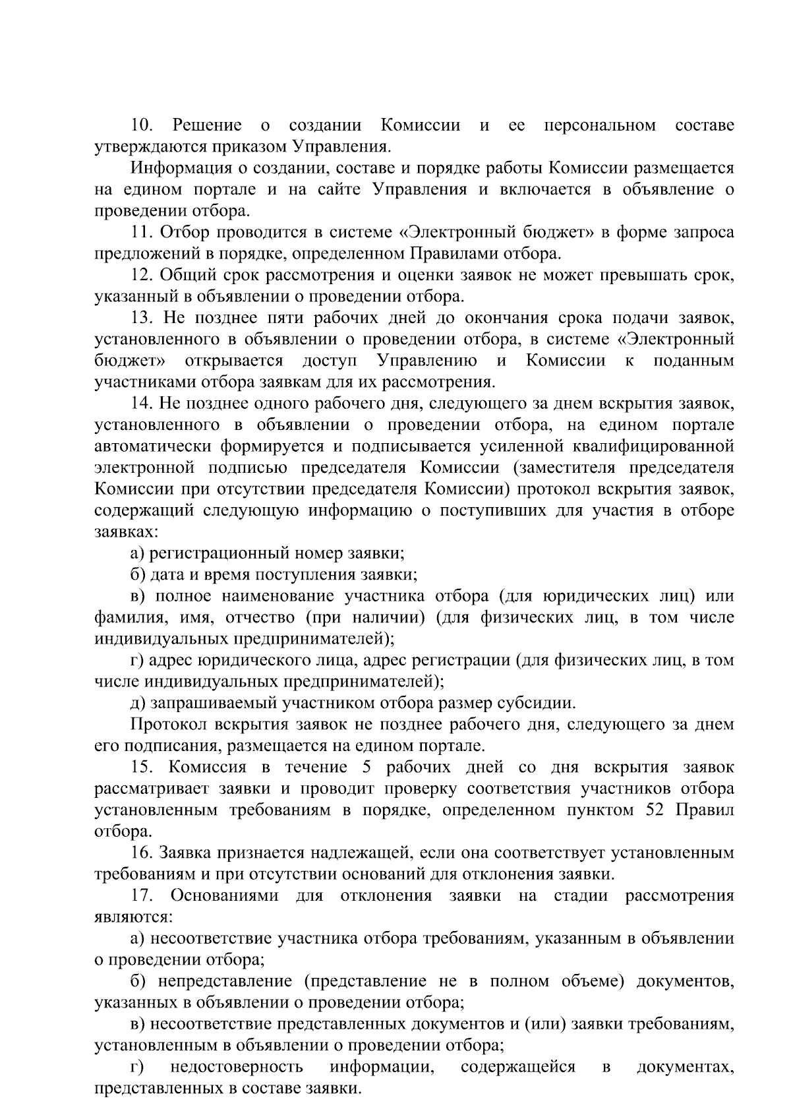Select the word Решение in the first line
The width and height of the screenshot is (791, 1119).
207,125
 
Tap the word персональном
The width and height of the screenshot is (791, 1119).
600,125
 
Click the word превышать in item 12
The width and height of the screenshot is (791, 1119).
639,275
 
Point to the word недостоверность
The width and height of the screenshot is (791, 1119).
237,1067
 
